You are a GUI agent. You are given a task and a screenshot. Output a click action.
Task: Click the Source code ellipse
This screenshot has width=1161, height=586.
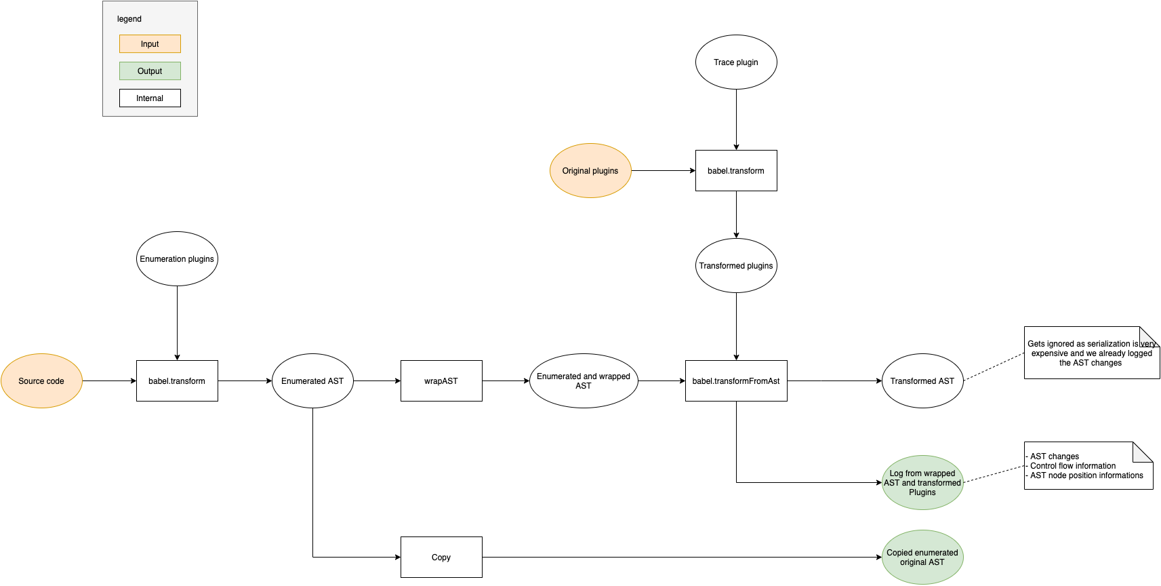(41, 380)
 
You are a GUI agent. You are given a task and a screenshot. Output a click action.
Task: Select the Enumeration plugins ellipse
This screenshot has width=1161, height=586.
(177, 258)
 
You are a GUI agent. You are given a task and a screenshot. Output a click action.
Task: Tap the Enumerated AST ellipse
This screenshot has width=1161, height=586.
(312, 380)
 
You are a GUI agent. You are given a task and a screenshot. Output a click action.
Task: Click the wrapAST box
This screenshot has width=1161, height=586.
(441, 380)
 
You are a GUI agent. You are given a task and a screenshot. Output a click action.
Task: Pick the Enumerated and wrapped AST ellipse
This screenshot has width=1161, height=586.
(584, 380)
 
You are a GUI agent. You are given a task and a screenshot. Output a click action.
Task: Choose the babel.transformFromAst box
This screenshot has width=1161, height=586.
(736, 380)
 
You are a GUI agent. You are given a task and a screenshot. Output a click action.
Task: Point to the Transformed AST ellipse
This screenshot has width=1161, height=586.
(922, 380)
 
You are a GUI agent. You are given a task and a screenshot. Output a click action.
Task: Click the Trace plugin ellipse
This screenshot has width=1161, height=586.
(736, 62)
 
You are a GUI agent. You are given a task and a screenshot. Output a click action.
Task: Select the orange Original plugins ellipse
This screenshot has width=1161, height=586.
(590, 170)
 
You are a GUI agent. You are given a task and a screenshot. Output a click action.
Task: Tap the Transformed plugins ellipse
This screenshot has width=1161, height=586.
(736, 265)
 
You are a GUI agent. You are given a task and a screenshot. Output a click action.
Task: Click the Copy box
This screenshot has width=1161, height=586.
(441, 557)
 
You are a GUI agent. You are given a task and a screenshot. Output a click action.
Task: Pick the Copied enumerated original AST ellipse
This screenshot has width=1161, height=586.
(922, 557)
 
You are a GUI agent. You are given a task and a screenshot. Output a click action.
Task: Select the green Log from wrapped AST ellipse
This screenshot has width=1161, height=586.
(922, 482)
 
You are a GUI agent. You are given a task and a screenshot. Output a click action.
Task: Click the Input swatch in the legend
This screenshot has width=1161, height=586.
(150, 43)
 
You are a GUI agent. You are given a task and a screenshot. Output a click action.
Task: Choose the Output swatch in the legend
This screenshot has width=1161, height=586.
(150, 71)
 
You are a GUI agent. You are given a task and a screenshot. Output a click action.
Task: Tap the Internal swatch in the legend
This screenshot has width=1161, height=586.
(150, 98)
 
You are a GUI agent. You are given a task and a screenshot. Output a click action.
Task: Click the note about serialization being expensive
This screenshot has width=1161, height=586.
(1091, 353)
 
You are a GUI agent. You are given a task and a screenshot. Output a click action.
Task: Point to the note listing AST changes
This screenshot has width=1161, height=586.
(1088, 466)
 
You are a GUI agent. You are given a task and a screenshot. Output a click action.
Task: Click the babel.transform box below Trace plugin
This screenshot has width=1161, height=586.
(736, 170)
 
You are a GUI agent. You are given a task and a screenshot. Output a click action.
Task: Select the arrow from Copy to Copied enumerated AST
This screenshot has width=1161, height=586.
(678, 557)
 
